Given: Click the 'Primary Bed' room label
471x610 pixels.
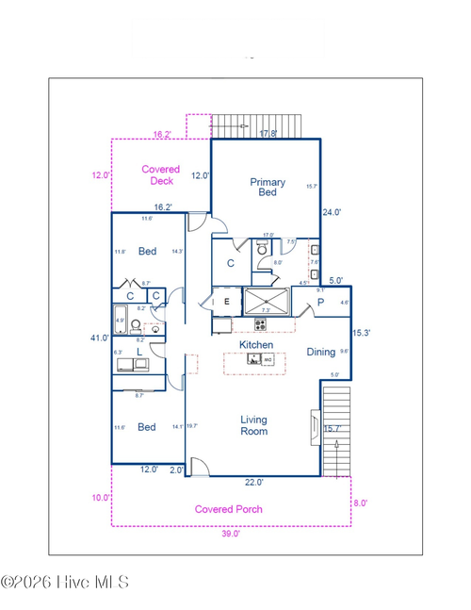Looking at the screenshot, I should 267,187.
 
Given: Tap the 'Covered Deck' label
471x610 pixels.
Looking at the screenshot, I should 160,175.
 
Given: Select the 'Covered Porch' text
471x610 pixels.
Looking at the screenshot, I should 228,509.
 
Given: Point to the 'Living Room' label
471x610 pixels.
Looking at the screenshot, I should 253,425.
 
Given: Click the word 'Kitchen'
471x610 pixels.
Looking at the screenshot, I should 255,345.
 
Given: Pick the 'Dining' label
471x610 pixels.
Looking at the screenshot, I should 320,352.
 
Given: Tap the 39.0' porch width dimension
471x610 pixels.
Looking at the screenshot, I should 231,533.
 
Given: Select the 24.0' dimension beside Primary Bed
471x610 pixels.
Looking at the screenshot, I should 332,212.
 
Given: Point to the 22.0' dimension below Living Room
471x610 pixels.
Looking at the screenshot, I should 254,482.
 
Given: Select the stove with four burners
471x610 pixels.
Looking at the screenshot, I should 259,324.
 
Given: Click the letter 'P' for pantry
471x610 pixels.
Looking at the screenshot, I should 320,303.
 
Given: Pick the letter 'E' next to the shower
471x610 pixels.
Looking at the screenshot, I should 227,302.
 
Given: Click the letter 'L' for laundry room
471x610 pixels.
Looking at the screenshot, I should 138,352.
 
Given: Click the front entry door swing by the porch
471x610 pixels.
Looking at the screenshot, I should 199,467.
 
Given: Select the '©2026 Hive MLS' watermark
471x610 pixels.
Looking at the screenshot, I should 65,583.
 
